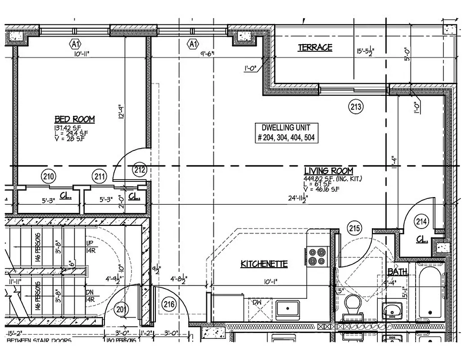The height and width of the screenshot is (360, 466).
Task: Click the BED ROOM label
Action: pos(75,119)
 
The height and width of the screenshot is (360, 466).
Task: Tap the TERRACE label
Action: pos(315,47)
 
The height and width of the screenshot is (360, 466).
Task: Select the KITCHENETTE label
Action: pos(264,264)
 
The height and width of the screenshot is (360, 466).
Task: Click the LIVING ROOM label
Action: pos(328,171)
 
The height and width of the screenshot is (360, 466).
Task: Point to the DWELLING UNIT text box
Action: pos(286,133)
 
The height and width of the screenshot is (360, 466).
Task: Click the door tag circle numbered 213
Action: pos(356,107)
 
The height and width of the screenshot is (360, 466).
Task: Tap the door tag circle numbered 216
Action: pos(169,304)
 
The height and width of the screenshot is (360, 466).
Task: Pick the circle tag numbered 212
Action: pos(140,170)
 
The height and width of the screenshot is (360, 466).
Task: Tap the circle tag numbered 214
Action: pos(422,221)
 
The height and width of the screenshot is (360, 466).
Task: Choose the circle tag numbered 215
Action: pos(354,229)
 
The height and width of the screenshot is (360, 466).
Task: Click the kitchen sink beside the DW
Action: pos(288,308)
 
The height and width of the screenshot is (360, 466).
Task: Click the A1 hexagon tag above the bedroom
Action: pos(75,44)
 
